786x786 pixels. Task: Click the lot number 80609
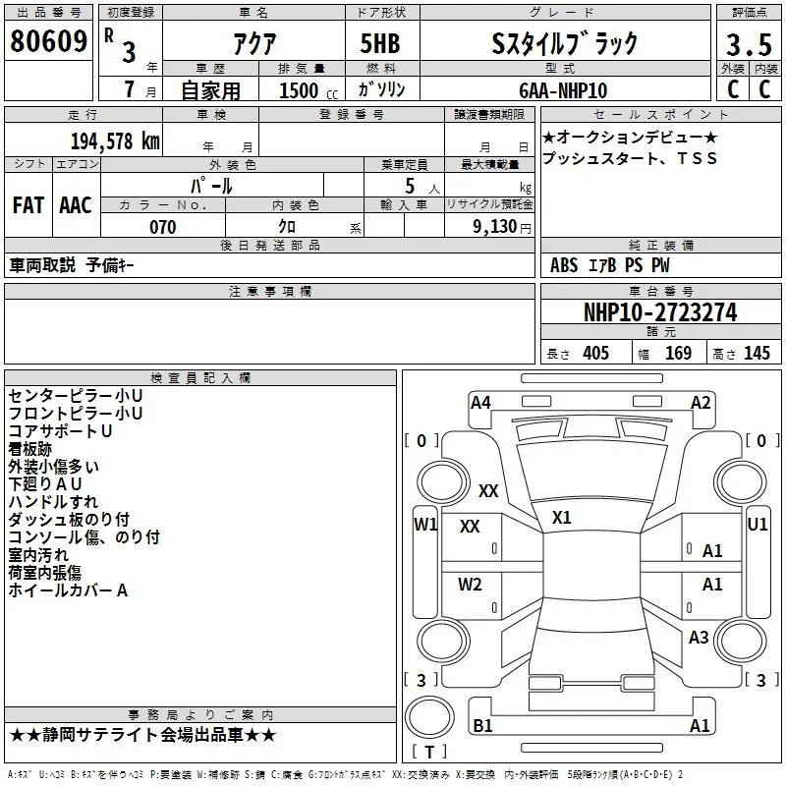pyautogui.click(x=48, y=40)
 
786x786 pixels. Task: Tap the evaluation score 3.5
pyautogui.click(x=749, y=44)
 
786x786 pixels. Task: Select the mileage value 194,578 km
pyautogui.click(x=115, y=141)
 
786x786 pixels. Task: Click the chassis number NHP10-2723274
pyautogui.click(x=660, y=312)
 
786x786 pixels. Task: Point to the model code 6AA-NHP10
pyautogui.click(x=563, y=90)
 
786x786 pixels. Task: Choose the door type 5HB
pyautogui.click(x=380, y=43)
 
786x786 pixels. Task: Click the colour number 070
pyautogui.click(x=162, y=227)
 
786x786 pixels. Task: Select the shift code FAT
pyautogui.click(x=28, y=205)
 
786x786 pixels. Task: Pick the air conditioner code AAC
pyautogui.click(x=76, y=205)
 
